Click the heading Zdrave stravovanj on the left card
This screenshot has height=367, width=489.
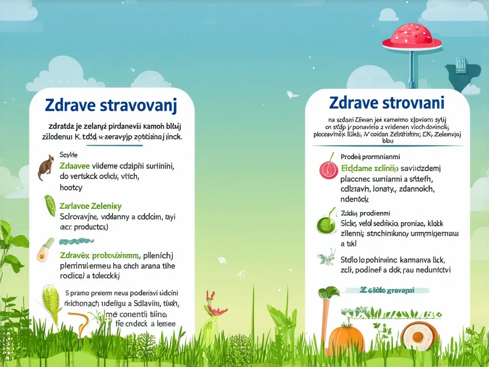click(x=111, y=105)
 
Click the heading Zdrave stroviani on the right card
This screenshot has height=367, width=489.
click(x=387, y=102)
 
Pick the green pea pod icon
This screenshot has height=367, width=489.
click(x=50, y=205)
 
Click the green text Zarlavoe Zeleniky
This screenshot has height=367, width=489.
click(x=91, y=206)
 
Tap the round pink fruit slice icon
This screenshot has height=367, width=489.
click(x=328, y=169)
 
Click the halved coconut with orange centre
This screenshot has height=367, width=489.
click(x=419, y=336)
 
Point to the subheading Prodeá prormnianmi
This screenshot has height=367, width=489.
click(x=370, y=156)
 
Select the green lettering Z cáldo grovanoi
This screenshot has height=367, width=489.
click(x=387, y=290)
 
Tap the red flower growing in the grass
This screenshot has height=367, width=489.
click(x=213, y=305)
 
